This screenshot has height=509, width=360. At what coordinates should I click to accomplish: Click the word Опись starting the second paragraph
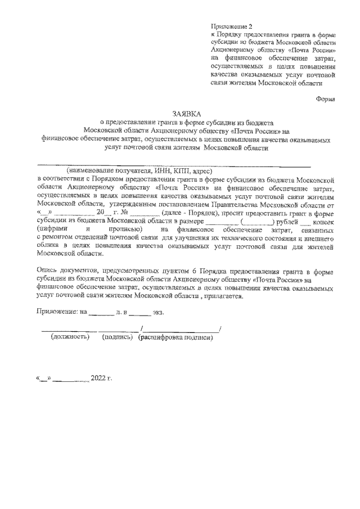coord(48,271)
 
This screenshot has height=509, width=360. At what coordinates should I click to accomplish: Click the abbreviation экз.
coord(160,311)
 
